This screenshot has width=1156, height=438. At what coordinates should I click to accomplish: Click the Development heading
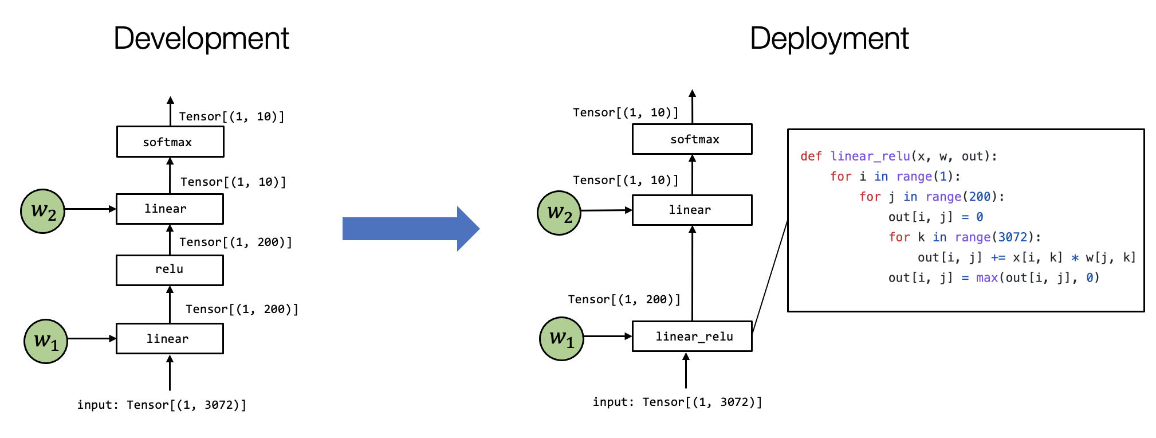click(x=201, y=38)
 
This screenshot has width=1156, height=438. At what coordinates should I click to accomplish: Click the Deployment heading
click(x=829, y=38)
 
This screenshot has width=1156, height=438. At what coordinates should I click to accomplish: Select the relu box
click(x=170, y=270)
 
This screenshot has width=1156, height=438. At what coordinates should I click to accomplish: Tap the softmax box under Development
click(x=170, y=142)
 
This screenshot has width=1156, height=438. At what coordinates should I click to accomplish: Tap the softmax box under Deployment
click(x=692, y=139)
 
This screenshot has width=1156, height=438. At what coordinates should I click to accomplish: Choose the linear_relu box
click(x=692, y=337)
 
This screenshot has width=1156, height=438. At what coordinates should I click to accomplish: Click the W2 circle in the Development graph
click(x=43, y=211)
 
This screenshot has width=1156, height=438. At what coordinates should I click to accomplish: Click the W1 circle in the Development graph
click(x=46, y=342)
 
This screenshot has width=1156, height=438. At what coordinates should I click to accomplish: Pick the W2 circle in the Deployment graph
click(x=559, y=213)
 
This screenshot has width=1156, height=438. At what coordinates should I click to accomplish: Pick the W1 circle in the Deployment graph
click(x=561, y=339)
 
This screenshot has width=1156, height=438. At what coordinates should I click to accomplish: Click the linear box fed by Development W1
click(x=170, y=339)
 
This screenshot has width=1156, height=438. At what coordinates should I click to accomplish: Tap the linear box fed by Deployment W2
click(x=692, y=210)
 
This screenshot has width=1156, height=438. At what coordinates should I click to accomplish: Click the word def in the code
click(x=811, y=157)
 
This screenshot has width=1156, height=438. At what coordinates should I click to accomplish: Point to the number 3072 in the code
click(x=1013, y=237)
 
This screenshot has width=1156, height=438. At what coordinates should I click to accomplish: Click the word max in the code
click(x=987, y=278)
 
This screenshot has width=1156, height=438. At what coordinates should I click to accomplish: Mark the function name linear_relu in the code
click(x=870, y=157)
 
